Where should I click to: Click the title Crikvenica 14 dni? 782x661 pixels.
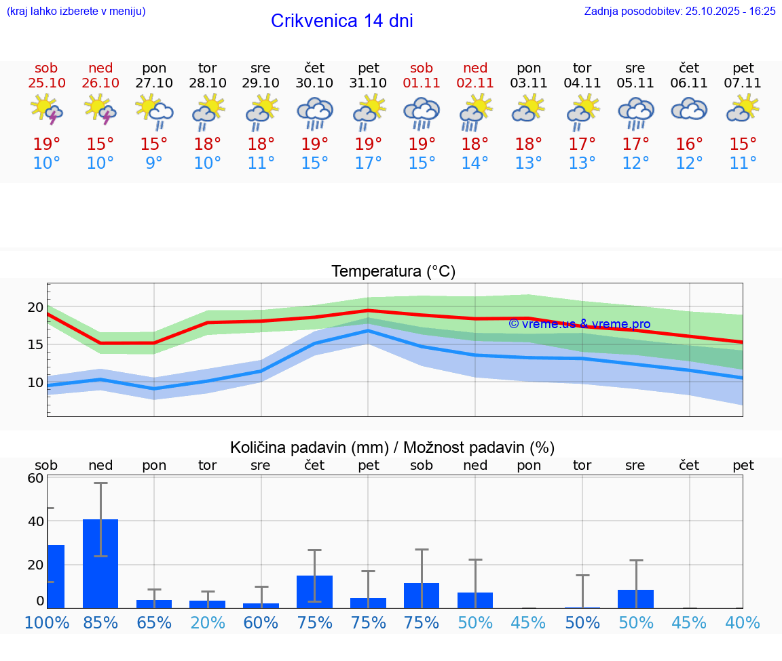341,21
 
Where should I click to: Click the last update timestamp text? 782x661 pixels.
679,11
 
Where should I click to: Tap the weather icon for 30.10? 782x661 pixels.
314,113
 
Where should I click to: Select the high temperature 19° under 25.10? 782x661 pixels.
46,144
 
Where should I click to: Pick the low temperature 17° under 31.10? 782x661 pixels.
368,163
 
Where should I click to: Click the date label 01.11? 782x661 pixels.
422,83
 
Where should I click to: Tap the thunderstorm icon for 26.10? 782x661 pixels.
100,111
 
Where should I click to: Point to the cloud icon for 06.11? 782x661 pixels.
689,110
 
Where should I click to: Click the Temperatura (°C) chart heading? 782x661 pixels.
393,272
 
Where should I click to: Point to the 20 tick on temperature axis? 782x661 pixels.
35,307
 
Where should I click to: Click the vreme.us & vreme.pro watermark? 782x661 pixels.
579,324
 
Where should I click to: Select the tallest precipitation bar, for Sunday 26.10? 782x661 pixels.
100,563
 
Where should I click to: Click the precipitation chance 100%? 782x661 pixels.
47,623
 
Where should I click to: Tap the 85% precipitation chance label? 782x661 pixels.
100,623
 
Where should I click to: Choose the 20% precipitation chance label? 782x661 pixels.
207,623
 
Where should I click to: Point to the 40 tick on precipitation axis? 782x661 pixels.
35,521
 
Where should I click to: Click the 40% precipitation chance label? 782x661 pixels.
743,623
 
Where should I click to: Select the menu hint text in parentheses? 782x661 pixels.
76,11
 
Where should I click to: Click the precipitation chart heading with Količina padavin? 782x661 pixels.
392,447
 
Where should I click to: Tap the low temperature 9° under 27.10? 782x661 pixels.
154,163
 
